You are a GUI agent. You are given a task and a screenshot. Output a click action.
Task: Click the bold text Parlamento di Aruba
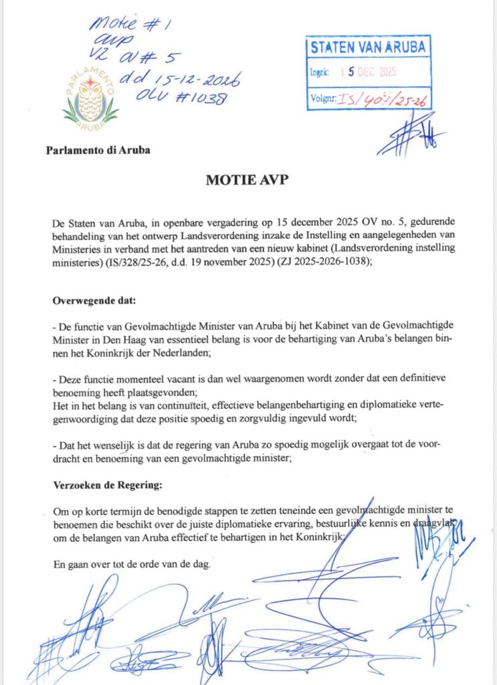[x=98, y=150]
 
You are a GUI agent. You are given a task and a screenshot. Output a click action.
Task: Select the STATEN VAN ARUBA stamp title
[x=368, y=47]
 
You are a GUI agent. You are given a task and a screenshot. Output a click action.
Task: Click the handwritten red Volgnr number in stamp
[x=384, y=100]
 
